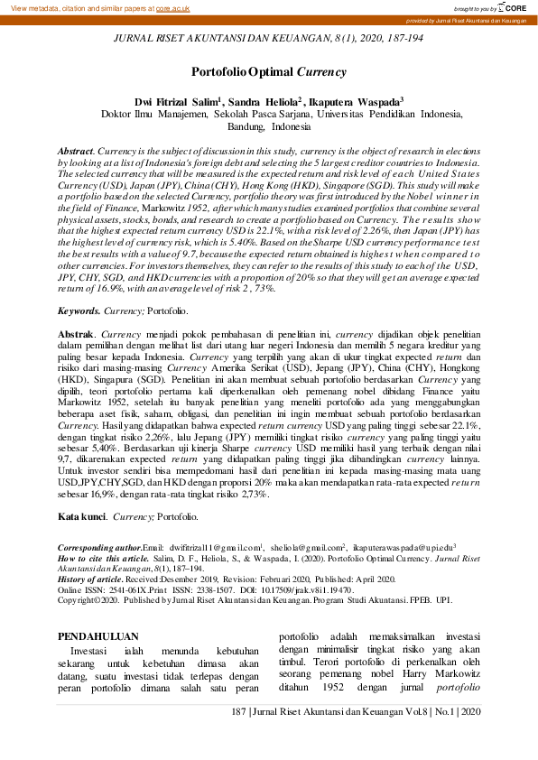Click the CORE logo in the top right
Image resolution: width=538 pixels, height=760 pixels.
[x=517, y=7]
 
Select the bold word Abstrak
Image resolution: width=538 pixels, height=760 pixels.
[x=77, y=334]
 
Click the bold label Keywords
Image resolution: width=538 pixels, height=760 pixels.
[x=79, y=310]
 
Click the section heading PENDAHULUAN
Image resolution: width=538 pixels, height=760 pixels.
[x=98, y=635]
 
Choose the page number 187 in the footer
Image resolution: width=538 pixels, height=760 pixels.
[x=239, y=712]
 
